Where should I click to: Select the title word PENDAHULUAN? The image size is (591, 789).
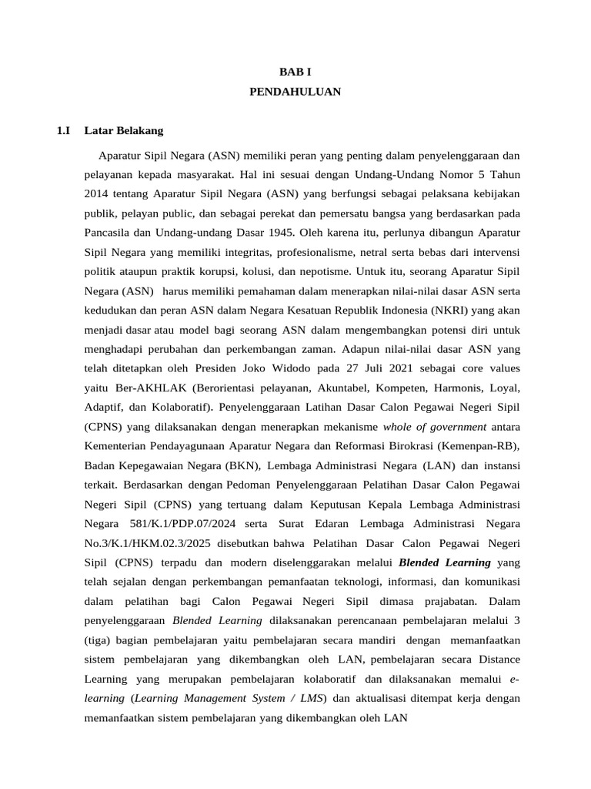(x=295, y=92)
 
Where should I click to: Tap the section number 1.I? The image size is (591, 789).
(x=64, y=131)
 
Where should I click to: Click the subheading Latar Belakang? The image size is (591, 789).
(x=124, y=131)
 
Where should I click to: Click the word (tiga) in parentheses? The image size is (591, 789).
(x=103, y=640)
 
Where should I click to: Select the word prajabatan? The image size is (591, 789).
(x=427, y=600)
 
